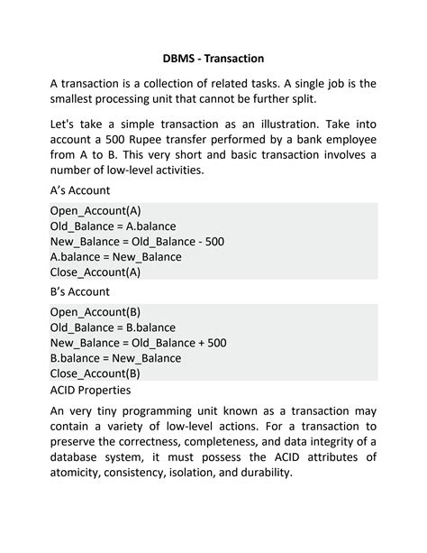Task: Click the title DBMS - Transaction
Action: coord(213,59)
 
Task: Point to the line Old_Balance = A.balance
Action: coord(113,226)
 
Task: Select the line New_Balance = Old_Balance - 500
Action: coord(137,241)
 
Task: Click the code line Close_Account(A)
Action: coord(95,272)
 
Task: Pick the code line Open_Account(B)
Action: coord(95,312)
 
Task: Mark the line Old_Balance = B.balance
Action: coord(113,327)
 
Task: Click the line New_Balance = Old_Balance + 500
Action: coord(138,343)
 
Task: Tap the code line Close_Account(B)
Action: coord(95,373)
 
